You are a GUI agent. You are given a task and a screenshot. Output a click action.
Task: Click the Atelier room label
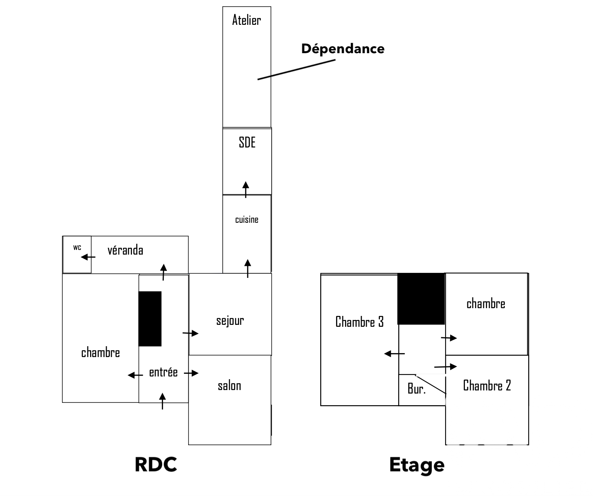(246, 20)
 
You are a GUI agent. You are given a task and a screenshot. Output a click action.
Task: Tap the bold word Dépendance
(343, 49)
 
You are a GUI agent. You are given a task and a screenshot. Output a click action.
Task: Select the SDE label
(247, 142)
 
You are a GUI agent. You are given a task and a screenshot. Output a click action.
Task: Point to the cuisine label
(247, 220)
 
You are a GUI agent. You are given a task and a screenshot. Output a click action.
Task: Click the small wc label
(77, 247)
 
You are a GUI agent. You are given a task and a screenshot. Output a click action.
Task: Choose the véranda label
(125, 250)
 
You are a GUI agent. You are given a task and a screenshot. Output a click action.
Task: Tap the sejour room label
(230, 321)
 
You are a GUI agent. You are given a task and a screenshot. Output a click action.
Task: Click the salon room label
(229, 386)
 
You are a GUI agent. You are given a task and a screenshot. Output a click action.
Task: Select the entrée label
(163, 373)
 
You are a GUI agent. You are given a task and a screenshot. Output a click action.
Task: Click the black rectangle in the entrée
(150, 319)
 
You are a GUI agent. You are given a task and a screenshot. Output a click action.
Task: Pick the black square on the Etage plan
(421, 299)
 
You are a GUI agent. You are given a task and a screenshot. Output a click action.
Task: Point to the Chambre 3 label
(359, 322)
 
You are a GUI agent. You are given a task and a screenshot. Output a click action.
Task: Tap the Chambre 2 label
(487, 385)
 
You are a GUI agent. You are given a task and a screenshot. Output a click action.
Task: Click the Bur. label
(416, 389)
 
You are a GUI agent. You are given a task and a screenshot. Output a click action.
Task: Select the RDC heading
(156, 464)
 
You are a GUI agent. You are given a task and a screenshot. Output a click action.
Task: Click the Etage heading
(417, 465)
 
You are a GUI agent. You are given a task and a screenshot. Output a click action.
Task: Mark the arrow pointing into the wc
(88, 257)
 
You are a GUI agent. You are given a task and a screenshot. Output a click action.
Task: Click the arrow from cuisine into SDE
(246, 189)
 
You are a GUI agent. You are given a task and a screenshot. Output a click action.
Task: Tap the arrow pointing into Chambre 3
(394, 354)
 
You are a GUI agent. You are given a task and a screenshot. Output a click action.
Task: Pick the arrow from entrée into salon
(191, 373)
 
